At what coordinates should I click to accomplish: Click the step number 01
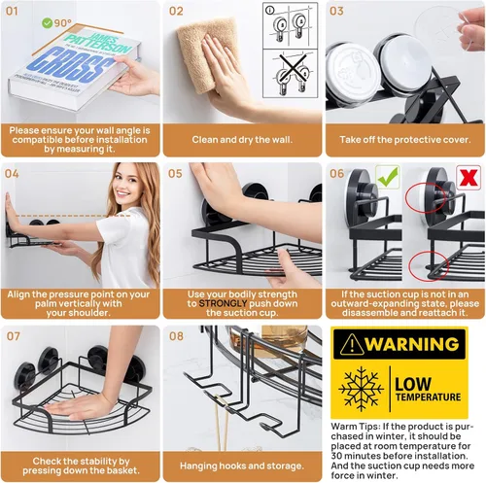click(x=12, y=11)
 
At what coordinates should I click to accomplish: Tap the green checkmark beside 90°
click(x=47, y=23)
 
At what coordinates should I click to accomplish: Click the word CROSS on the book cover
click(x=71, y=65)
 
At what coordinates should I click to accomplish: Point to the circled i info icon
click(x=269, y=11)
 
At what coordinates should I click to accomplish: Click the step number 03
click(x=336, y=11)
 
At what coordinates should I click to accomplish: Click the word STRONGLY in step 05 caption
click(x=223, y=303)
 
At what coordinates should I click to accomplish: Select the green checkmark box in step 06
click(x=388, y=177)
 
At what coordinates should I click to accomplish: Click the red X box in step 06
click(x=469, y=177)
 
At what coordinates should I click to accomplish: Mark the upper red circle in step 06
click(x=426, y=197)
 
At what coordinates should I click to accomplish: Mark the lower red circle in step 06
click(x=429, y=265)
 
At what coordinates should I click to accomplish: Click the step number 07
click(x=13, y=336)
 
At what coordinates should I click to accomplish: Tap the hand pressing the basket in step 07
click(x=81, y=405)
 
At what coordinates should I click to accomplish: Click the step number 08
click(x=176, y=336)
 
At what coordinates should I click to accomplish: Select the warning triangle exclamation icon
click(x=352, y=344)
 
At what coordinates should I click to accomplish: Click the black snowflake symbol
click(x=361, y=389)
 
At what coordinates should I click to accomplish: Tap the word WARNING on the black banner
click(x=413, y=344)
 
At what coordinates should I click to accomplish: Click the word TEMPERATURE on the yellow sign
click(x=428, y=397)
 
